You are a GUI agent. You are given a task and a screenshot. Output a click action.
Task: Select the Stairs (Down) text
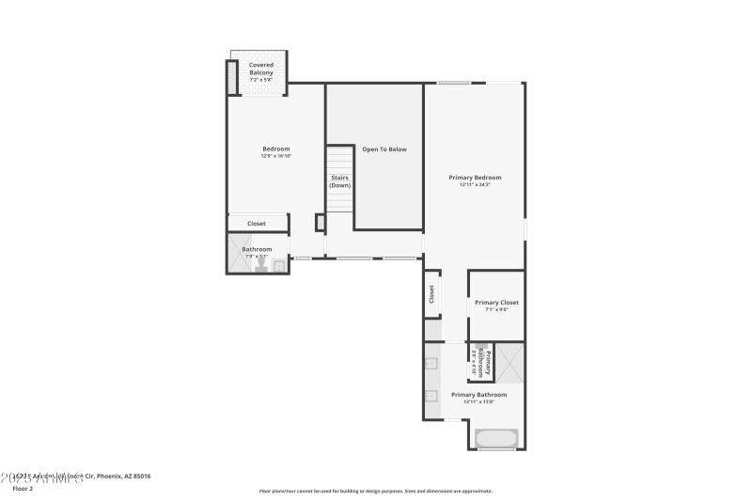(339, 181)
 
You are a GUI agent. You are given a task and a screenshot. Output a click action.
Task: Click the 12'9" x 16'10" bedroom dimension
(275, 156)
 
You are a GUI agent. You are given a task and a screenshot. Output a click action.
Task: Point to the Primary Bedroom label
(475, 177)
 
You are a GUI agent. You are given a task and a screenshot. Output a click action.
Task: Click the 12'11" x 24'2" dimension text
(475, 185)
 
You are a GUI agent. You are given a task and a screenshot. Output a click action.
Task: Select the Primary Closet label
(496, 303)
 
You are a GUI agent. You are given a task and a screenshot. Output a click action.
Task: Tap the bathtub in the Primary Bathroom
(496, 438)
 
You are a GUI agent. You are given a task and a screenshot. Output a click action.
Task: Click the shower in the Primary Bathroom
(510, 362)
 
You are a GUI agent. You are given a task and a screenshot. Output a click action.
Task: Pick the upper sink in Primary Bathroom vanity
(432, 362)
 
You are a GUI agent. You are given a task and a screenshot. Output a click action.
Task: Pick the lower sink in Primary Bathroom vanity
(432, 396)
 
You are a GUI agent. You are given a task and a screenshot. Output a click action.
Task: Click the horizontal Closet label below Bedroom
(257, 224)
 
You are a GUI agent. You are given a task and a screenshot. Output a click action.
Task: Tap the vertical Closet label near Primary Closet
(432, 293)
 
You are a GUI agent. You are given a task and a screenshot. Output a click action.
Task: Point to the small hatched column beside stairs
(320, 223)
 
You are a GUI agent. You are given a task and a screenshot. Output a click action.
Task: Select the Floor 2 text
(23, 489)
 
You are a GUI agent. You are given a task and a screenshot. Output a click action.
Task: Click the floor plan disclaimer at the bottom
(375, 491)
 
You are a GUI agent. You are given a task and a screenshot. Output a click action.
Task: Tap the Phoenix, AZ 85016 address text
(117, 477)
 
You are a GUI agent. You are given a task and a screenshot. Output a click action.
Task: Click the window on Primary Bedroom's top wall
(453, 84)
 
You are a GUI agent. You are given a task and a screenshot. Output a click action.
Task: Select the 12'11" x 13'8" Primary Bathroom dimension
(478, 402)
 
